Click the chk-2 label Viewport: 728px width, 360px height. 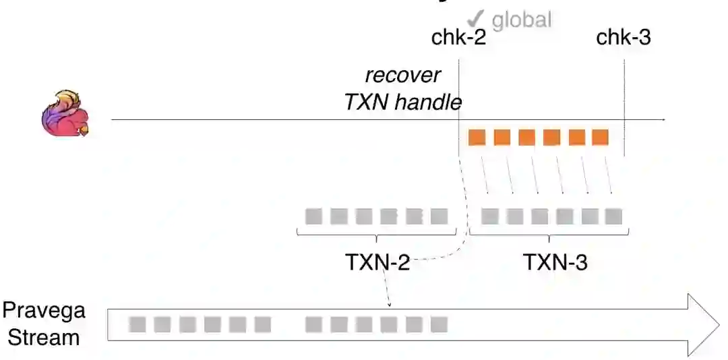[458, 38]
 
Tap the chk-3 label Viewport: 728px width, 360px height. [624, 38]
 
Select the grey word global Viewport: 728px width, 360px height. [522, 20]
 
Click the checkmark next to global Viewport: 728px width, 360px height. [477, 18]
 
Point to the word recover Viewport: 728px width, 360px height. [402, 75]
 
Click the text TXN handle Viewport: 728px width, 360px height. [402, 102]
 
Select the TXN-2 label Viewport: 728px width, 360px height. [377, 262]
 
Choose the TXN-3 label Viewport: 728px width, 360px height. [555, 262]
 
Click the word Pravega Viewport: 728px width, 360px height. [44, 311]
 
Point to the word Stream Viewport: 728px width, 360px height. [44, 336]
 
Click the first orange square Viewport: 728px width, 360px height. [477, 138]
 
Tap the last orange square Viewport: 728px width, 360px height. [600, 138]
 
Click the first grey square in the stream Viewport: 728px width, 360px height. [138, 325]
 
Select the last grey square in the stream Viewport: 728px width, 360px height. [439, 325]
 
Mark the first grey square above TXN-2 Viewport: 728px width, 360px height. [313, 216]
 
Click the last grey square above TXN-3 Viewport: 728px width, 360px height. [613, 216]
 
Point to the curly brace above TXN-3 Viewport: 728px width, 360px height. [549, 235]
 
